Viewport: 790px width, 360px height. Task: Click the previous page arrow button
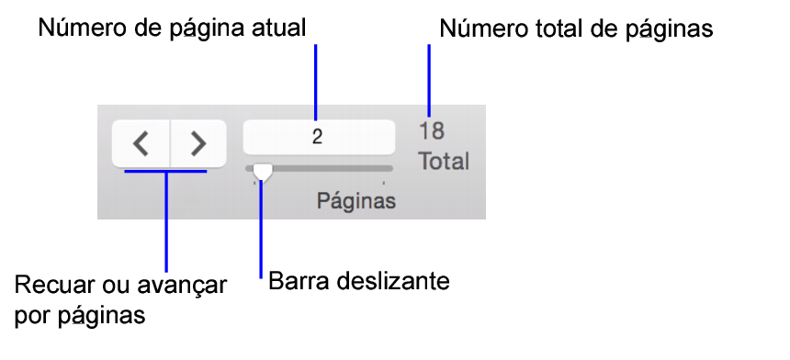click(141, 143)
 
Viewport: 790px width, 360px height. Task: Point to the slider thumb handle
click(263, 171)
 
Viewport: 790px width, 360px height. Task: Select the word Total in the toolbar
click(444, 162)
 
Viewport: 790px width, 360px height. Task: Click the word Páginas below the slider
click(357, 200)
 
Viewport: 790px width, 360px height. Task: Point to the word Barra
click(298, 279)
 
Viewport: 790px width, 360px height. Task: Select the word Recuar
click(51, 285)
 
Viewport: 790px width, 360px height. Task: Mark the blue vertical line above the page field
click(316, 83)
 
